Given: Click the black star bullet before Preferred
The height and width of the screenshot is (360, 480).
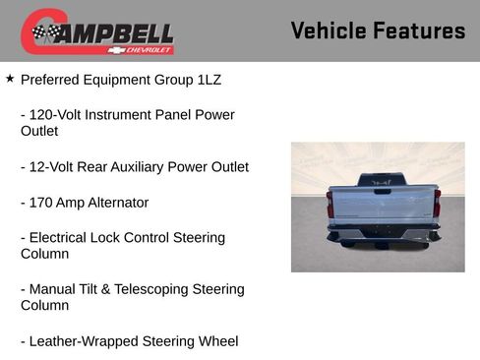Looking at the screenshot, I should coord(10,77).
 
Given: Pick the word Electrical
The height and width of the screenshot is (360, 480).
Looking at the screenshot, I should coord(64,238).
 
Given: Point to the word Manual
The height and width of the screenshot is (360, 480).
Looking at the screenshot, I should coord(53,289).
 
